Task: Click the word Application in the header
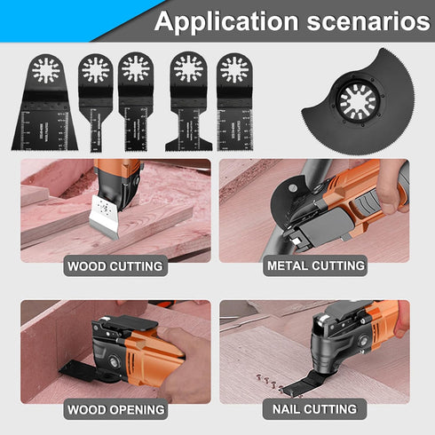(221, 21)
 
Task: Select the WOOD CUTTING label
(115, 265)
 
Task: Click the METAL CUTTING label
(314, 265)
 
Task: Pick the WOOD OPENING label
(116, 409)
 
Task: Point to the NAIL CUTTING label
(315, 409)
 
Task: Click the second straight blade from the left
(95, 102)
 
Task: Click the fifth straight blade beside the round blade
(233, 102)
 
